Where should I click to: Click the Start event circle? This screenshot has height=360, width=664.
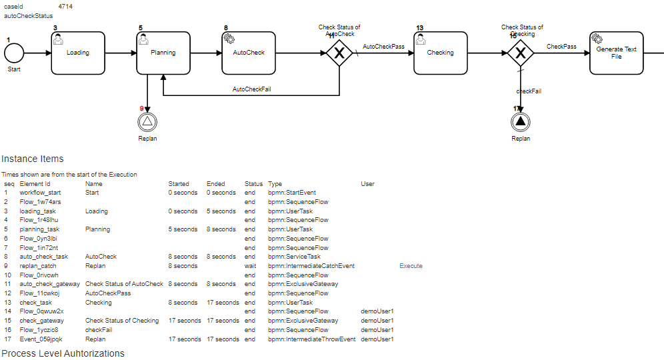point(14,53)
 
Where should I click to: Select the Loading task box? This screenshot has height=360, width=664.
point(78,53)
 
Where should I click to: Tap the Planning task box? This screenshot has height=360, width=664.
point(163,53)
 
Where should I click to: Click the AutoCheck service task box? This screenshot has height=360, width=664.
point(249,53)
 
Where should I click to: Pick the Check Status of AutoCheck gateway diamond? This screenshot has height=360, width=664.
point(339,53)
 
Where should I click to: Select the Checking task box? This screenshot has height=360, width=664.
point(440,53)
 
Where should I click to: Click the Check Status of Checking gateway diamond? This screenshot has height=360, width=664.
point(521,53)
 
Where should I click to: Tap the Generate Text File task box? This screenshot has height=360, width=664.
point(616,53)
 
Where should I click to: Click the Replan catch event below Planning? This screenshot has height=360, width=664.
point(147,121)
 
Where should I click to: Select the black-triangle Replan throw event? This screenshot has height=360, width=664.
point(521,121)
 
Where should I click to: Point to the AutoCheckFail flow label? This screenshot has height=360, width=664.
point(251,89)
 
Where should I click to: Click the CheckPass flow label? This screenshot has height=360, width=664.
point(561,47)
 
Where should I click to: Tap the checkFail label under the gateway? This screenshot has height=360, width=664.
point(529,91)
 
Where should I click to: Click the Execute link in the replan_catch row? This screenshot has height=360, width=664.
point(411,266)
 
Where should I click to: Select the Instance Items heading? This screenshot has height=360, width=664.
point(33,159)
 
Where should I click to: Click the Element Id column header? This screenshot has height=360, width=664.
point(35,184)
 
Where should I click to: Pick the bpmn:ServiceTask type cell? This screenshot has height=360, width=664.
point(294,257)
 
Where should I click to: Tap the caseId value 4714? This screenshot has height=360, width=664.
point(66,6)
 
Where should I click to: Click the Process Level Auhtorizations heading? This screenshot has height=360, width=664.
point(63,353)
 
